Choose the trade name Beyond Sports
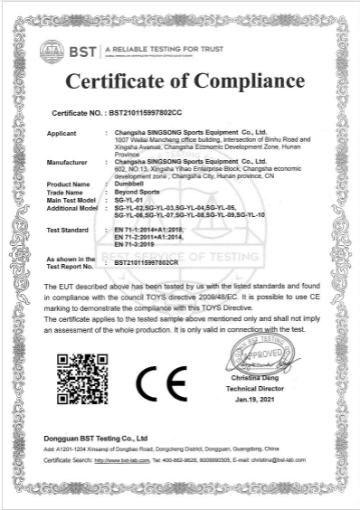tap(137, 191)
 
